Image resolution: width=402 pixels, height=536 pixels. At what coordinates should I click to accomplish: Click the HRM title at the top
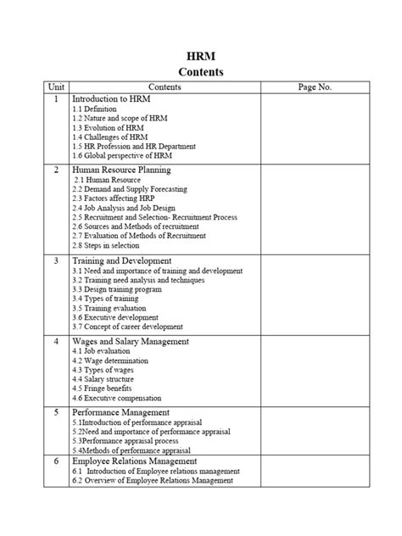pyautogui.click(x=201, y=57)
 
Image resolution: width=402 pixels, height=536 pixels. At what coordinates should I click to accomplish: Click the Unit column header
pyautogui.click(x=55, y=87)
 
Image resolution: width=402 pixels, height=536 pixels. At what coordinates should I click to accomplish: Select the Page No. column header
pyautogui.click(x=315, y=87)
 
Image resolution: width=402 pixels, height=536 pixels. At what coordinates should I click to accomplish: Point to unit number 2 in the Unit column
pyautogui.click(x=55, y=170)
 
